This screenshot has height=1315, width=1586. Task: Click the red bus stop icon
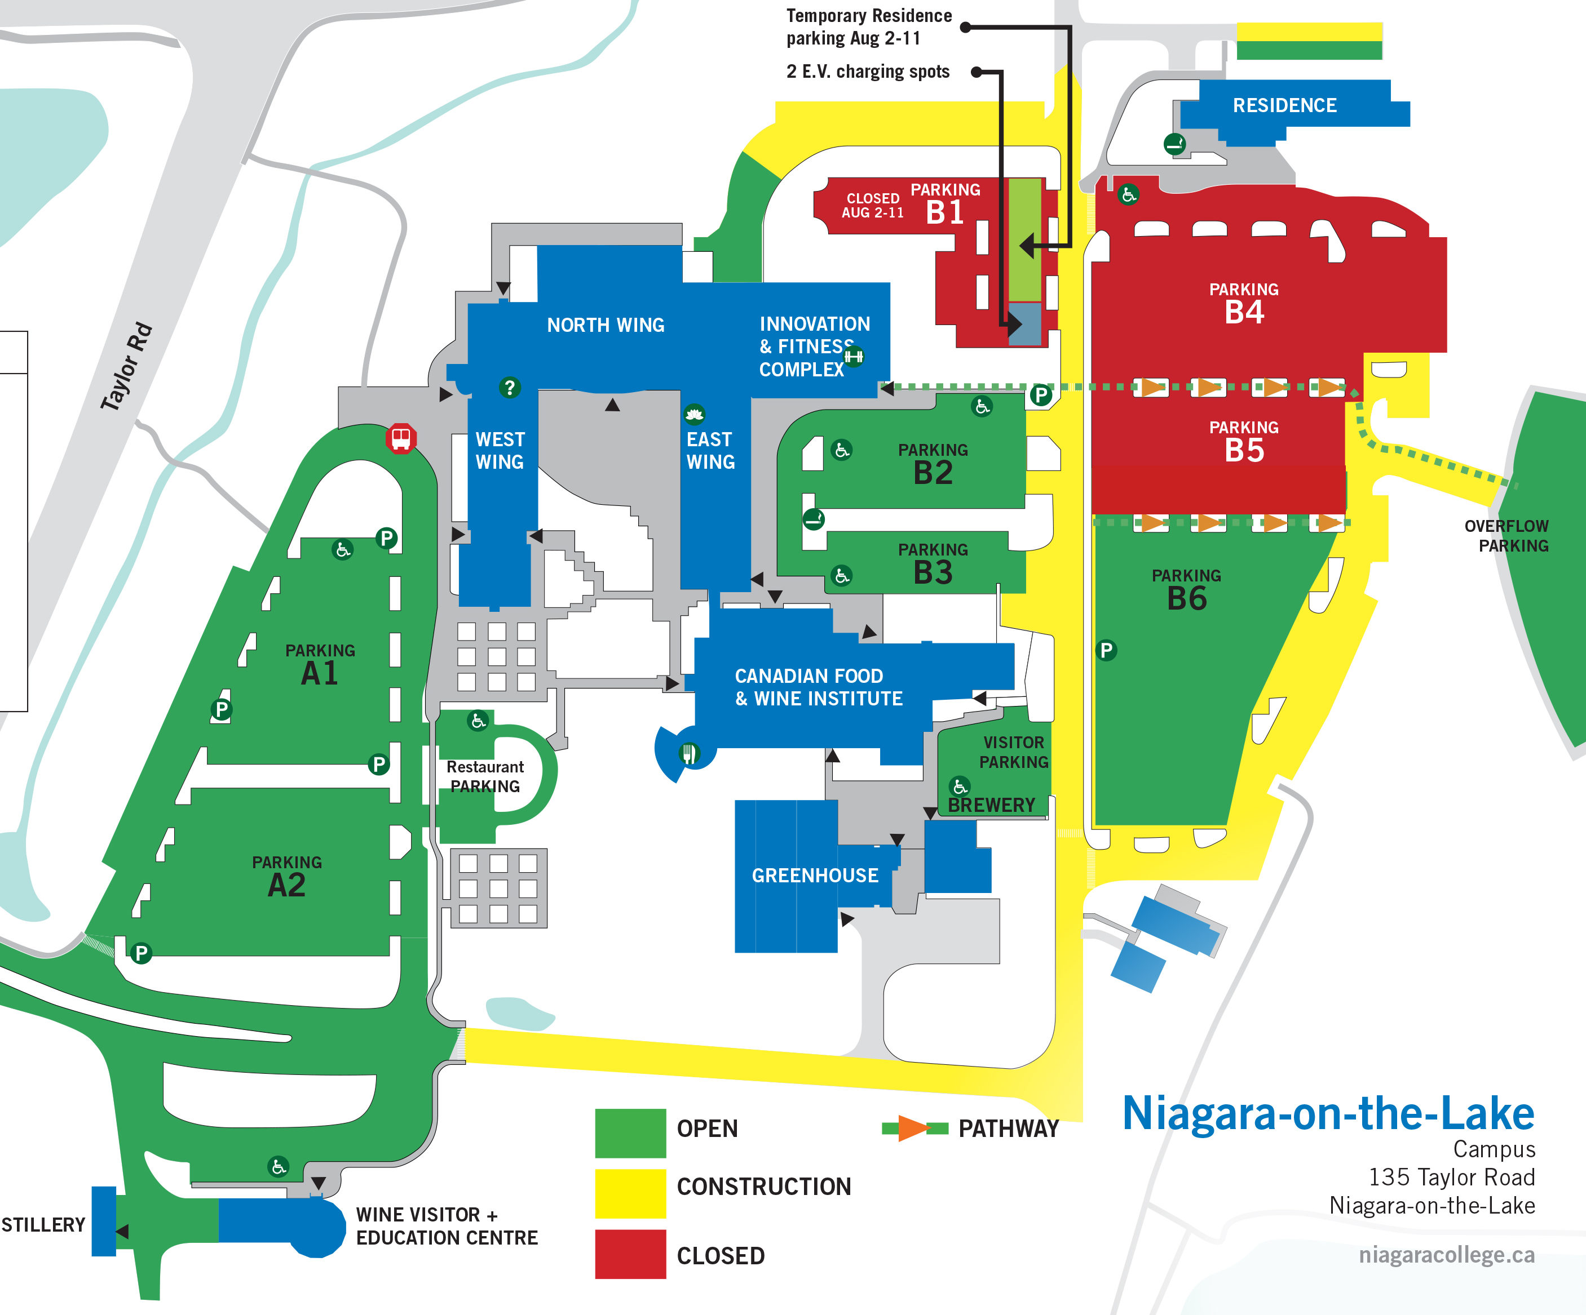click(401, 438)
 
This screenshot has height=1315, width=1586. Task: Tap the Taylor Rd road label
click(126, 367)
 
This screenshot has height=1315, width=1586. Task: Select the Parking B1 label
click(945, 205)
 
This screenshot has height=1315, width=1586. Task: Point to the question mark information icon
click(510, 387)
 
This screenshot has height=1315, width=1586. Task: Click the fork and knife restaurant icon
click(689, 753)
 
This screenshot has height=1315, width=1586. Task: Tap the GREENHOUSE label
click(815, 875)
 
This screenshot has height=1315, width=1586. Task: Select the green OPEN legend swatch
click(630, 1132)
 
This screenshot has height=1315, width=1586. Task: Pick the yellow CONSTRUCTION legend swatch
click(630, 1193)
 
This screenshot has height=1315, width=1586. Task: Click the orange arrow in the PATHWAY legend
click(913, 1129)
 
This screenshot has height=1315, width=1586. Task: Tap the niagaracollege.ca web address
click(1446, 1255)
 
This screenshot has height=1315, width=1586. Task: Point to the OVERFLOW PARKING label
click(1506, 535)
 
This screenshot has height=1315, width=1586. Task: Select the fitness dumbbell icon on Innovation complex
click(854, 356)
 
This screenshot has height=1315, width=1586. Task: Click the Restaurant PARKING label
click(485, 776)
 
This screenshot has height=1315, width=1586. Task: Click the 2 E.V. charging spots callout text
click(868, 72)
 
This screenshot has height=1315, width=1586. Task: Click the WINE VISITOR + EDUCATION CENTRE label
click(447, 1226)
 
